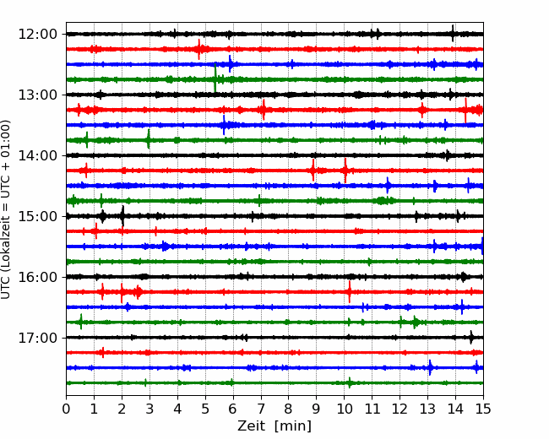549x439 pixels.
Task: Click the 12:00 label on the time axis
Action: pos(37,35)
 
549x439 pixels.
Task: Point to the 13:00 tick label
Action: pos(37,95)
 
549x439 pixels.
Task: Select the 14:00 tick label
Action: pos(37,155)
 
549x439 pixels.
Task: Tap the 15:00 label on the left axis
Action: pos(37,216)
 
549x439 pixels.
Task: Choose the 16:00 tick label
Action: pos(37,277)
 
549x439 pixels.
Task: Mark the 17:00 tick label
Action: pos(37,338)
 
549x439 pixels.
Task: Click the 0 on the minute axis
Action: pos(66,409)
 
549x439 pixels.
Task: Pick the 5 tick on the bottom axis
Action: pos(205,409)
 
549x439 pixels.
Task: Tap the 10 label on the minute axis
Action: pos(344,409)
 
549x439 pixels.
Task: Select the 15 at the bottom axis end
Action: pos(483,409)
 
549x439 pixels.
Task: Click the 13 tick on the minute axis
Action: pos(427,409)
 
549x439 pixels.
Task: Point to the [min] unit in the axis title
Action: pos(293,426)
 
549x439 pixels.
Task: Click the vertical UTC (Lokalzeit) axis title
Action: pos(6,209)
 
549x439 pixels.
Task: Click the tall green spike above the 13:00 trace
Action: pos(215,78)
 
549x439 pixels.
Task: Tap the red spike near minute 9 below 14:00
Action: pos(313,171)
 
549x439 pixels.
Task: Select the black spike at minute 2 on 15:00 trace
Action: pos(122,216)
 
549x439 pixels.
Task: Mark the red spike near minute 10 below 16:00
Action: pos(350,291)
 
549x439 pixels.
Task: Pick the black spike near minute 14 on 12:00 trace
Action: pos(453,34)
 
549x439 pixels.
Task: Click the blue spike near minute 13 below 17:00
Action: pos(430,367)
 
